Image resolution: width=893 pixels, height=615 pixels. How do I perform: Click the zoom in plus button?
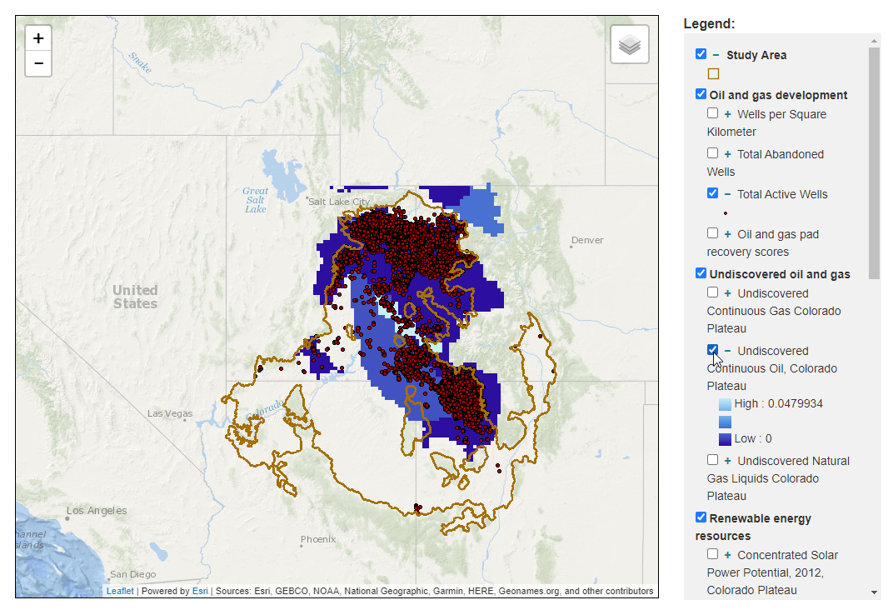(38, 38)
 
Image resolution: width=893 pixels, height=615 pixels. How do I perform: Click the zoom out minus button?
(38, 63)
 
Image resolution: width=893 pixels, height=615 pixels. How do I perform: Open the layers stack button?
(630, 45)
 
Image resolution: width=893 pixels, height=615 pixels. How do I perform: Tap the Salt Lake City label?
(338, 202)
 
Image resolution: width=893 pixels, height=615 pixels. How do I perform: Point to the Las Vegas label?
(169, 413)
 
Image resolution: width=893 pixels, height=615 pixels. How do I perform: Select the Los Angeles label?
(97, 510)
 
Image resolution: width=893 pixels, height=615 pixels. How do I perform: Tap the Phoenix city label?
(317, 539)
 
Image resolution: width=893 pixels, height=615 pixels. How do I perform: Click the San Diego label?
(133, 574)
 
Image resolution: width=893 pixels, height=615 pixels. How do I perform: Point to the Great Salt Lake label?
(256, 200)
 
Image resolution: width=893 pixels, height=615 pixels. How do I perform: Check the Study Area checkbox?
(701, 54)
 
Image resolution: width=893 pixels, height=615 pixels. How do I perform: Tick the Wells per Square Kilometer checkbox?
(712, 113)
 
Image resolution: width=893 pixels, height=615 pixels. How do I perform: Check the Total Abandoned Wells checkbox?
(712, 153)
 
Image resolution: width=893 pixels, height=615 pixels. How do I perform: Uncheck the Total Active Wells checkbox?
(712, 193)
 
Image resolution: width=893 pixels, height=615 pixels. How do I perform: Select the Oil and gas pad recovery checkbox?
(712, 233)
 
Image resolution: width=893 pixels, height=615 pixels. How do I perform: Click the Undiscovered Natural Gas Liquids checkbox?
(712, 460)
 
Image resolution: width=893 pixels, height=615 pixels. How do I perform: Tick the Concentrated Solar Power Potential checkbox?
(712, 554)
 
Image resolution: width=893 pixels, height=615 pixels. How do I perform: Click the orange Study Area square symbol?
(713, 73)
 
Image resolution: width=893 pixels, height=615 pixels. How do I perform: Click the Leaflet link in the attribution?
(120, 592)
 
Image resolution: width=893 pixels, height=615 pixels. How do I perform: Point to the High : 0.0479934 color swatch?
(725, 404)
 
